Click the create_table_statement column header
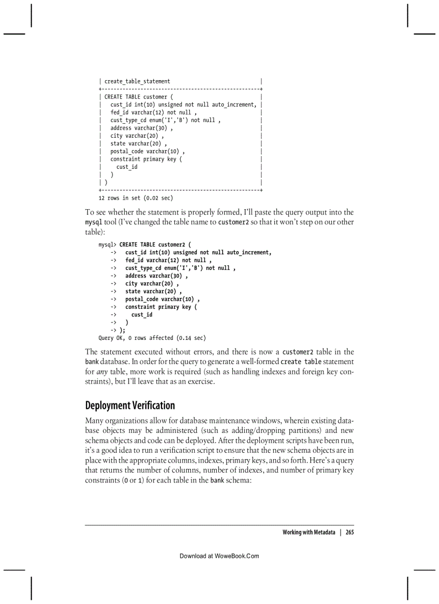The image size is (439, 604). (137, 81)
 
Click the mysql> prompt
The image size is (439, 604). (108, 245)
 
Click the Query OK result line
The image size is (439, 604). (152, 338)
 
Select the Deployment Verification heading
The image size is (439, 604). (130, 405)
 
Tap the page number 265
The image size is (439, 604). (350, 532)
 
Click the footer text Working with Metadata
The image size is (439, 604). (309, 532)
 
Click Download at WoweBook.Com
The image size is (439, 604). (219, 556)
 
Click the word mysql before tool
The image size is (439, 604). (93, 222)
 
